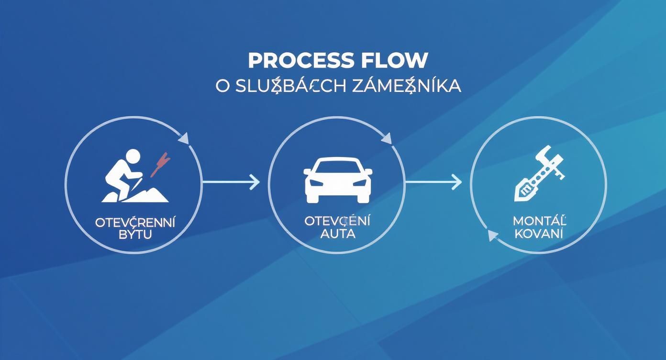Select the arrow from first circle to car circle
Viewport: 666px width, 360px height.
[231, 181]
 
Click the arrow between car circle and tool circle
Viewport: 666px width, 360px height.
[433, 181]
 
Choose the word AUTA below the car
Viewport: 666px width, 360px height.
[338, 234]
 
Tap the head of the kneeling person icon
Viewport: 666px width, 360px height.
[131, 157]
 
